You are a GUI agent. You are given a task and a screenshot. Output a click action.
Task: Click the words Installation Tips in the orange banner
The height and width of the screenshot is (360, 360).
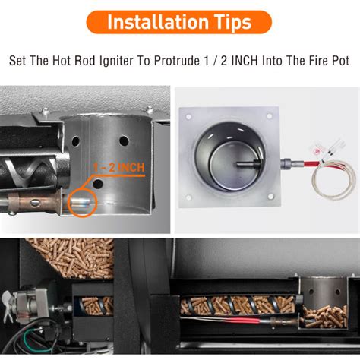(x=179, y=21)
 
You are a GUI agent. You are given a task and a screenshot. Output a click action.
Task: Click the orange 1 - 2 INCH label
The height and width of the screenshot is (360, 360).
(x=119, y=167)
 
